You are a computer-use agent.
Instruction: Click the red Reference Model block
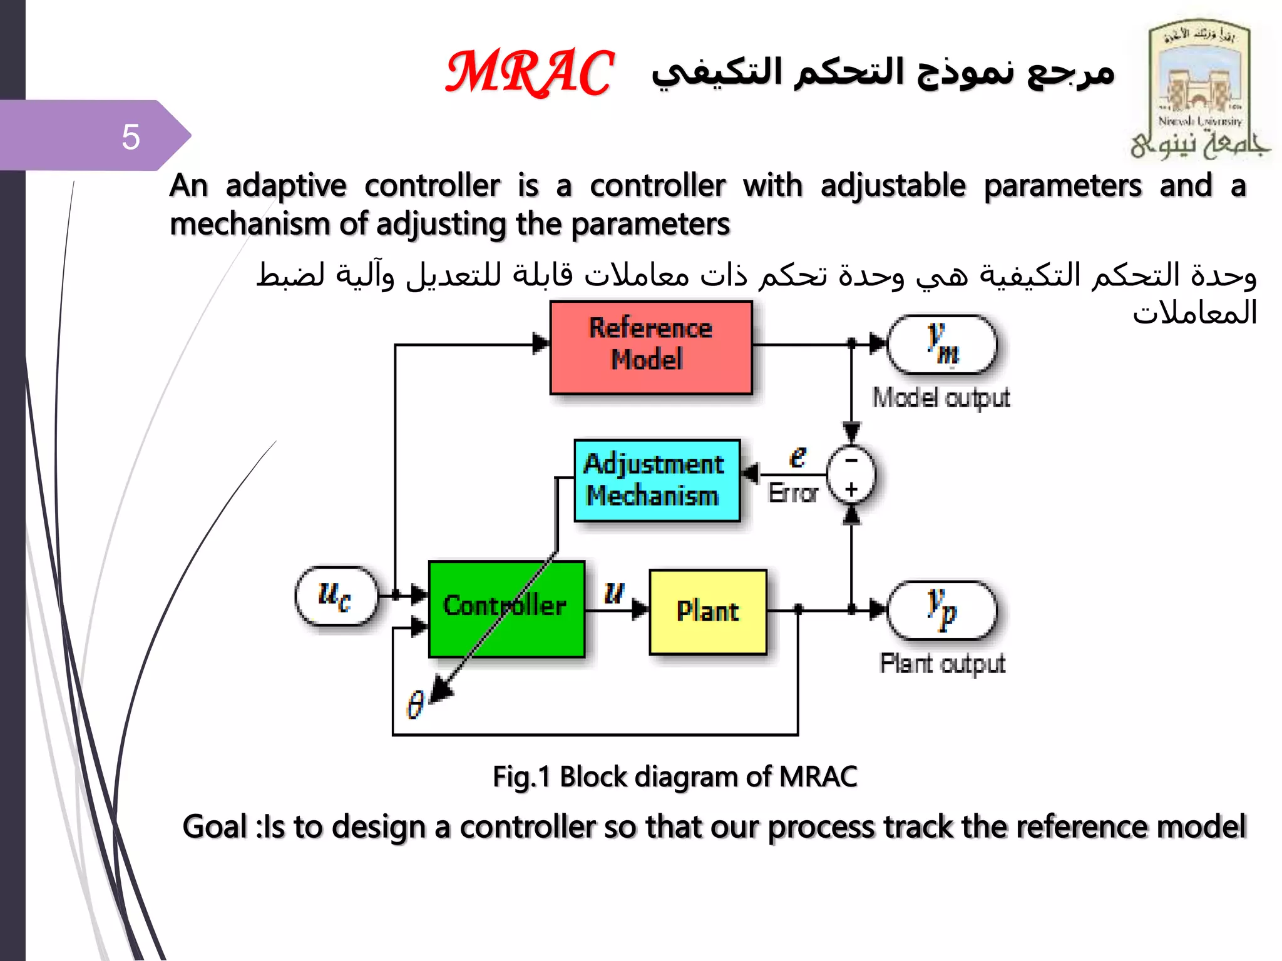click(x=650, y=347)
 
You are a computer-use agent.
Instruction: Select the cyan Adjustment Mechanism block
click(x=657, y=480)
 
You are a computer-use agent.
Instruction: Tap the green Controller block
click(x=506, y=608)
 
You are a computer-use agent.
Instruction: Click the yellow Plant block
click(x=707, y=611)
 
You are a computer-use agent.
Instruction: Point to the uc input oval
click(x=336, y=596)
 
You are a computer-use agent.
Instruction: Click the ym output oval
click(x=941, y=345)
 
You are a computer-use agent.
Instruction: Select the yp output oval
click(x=941, y=610)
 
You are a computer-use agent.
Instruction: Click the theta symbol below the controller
click(x=415, y=704)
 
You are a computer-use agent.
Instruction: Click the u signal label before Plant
click(x=614, y=591)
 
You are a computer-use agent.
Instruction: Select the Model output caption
click(x=941, y=398)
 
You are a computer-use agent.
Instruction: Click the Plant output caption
click(x=941, y=663)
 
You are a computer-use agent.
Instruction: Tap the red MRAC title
click(x=530, y=73)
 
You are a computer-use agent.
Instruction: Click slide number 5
click(x=130, y=136)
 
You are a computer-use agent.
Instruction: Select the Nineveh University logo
click(x=1198, y=88)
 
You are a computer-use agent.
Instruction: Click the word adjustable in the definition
click(x=893, y=186)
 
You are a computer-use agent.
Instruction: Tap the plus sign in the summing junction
click(x=851, y=489)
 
